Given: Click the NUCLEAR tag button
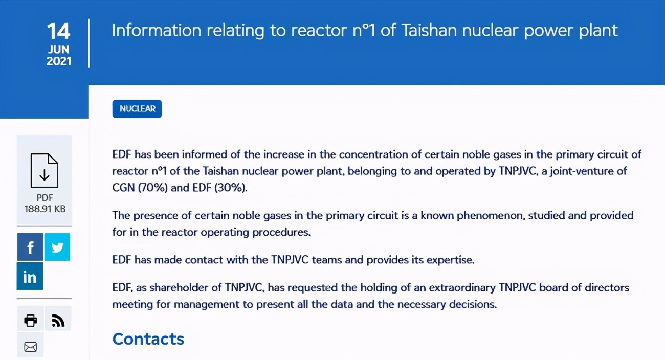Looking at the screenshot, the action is pos(137,109).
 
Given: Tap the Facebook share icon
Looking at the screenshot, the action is pos(30,247).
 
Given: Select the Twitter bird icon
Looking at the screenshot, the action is pos(57,247).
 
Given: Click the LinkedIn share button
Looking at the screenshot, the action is pos(30,276).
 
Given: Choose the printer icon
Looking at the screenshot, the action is pos(30,320).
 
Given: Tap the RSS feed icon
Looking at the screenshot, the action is pos(58,320).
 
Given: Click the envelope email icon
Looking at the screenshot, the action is pos(30,347).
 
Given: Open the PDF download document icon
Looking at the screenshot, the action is pos(44,171).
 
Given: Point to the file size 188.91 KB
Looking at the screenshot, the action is pos(45,209).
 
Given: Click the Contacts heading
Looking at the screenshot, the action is pos(148,339).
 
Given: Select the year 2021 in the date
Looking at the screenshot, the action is pos(59,61).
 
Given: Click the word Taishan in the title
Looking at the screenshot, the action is pos(429,31).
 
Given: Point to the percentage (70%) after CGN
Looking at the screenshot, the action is pos(153,188).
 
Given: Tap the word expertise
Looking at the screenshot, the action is pos(450,260).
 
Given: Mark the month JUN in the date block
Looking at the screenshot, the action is pos(59,49).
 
